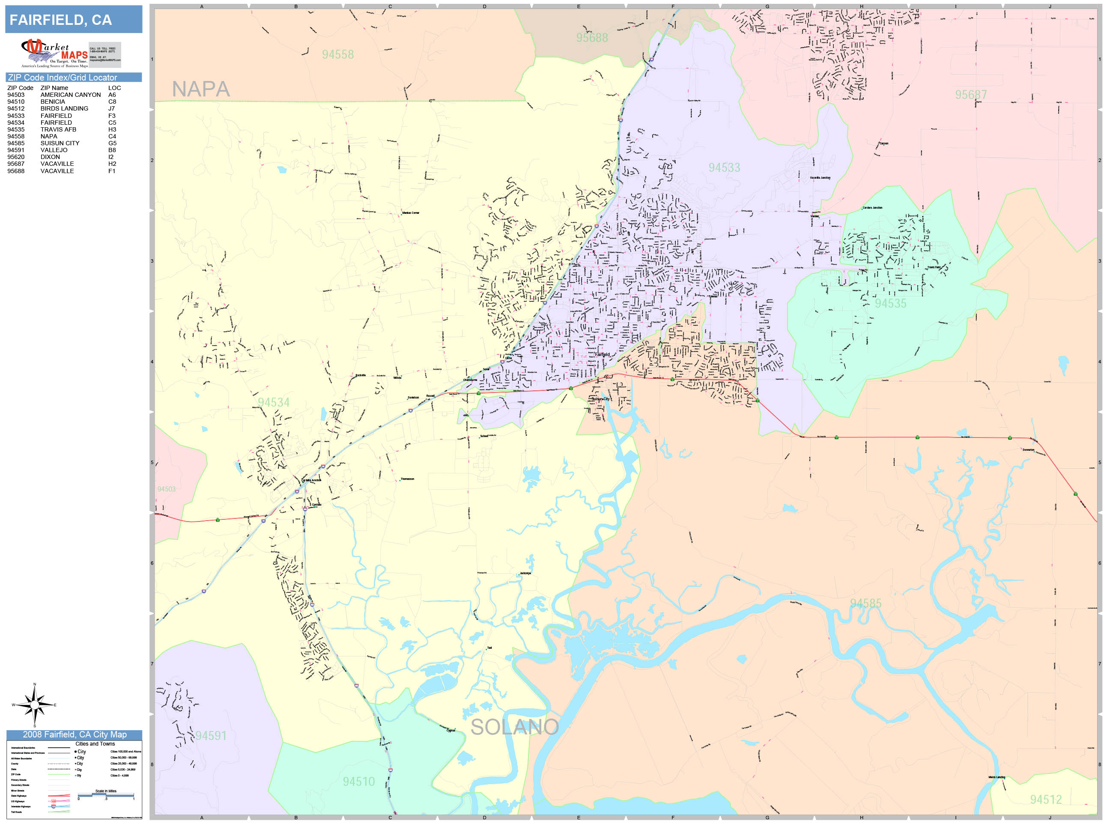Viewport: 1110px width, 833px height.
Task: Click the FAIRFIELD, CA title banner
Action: coord(73,20)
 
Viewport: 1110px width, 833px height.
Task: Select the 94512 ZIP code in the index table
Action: coord(15,108)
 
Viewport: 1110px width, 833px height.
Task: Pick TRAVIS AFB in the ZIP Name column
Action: coord(58,129)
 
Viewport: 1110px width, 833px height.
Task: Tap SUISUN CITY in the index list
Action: coord(60,143)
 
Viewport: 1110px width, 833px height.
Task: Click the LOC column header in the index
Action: coord(114,88)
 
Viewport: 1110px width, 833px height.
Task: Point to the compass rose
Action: coord(34,705)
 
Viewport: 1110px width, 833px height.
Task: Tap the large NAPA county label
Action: coord(201,90)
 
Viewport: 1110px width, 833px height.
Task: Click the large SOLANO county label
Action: coord(514,727)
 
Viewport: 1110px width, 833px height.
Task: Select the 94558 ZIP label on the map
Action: coord(338,54)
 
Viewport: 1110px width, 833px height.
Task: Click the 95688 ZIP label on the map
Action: coord(592,38)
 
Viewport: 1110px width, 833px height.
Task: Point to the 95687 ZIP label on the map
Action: coord(970,94)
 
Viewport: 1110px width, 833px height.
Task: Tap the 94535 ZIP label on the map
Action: coord(890,303)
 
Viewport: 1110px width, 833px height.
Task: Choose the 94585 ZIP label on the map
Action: coord(865,603)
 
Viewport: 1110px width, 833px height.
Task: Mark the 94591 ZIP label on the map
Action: coord(211,736)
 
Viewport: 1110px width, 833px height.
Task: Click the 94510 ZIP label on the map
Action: coord(358,781)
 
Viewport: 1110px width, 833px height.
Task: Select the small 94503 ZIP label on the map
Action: coord(167,489)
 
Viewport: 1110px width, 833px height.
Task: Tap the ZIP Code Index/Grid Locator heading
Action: coord(62,77)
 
